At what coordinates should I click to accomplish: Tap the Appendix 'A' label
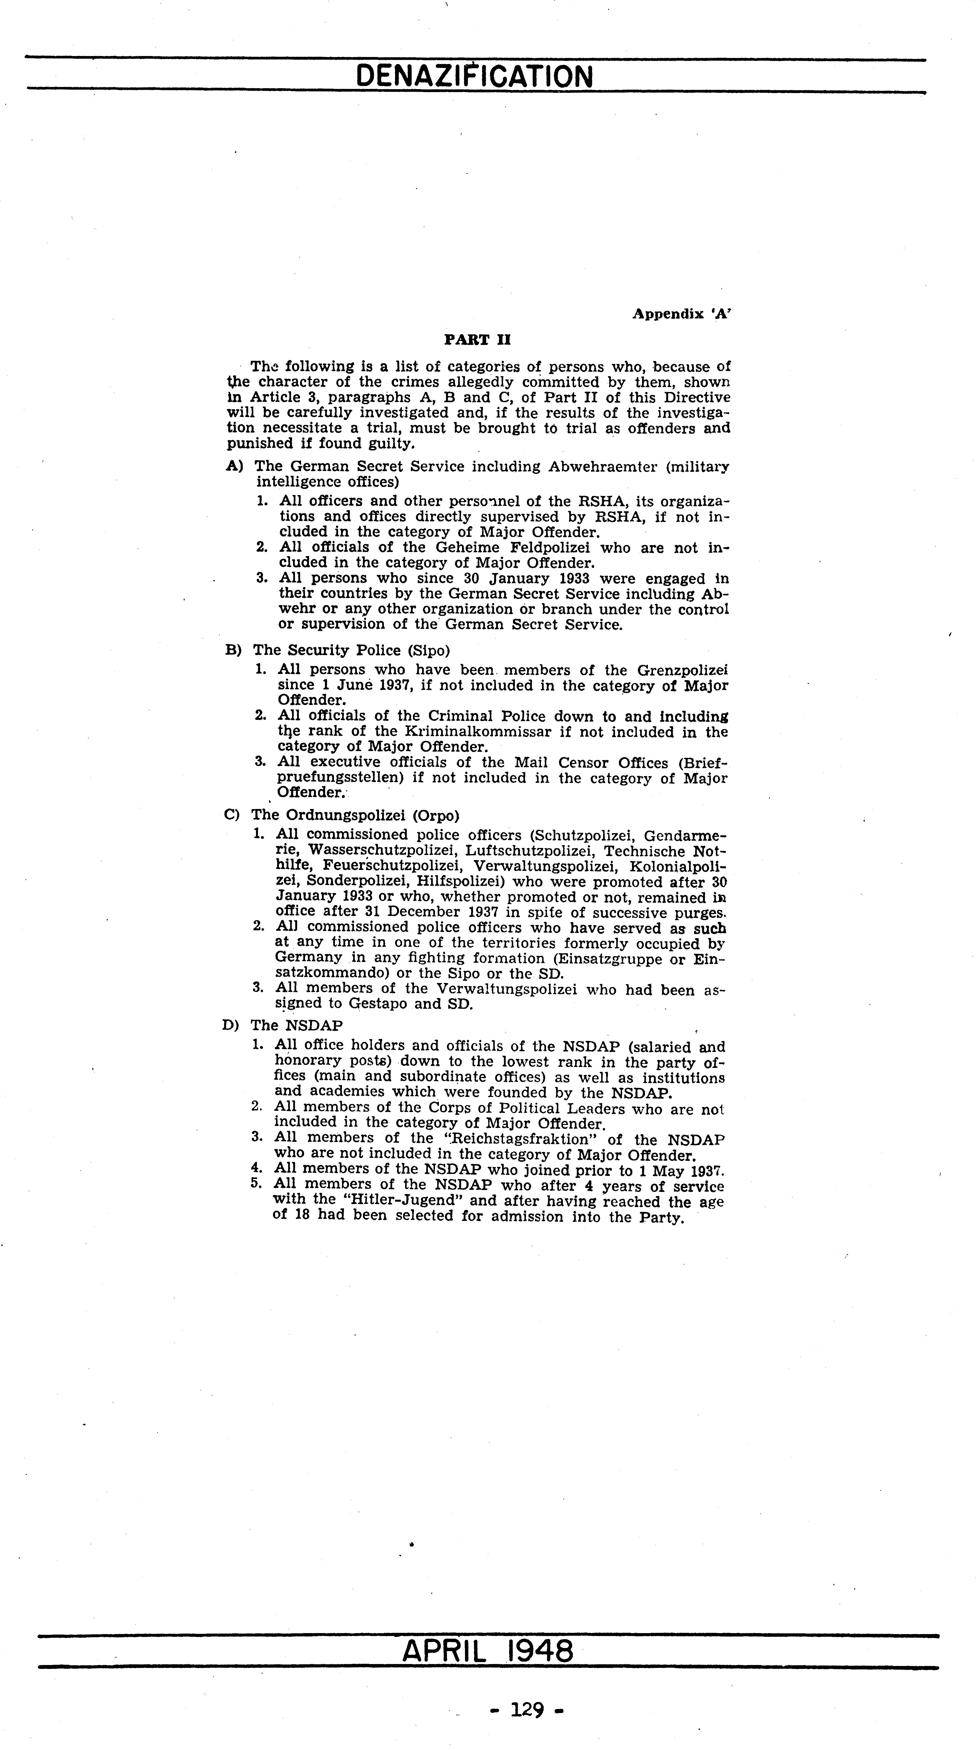(682, 314)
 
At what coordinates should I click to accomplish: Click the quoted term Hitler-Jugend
(396, 1201)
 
